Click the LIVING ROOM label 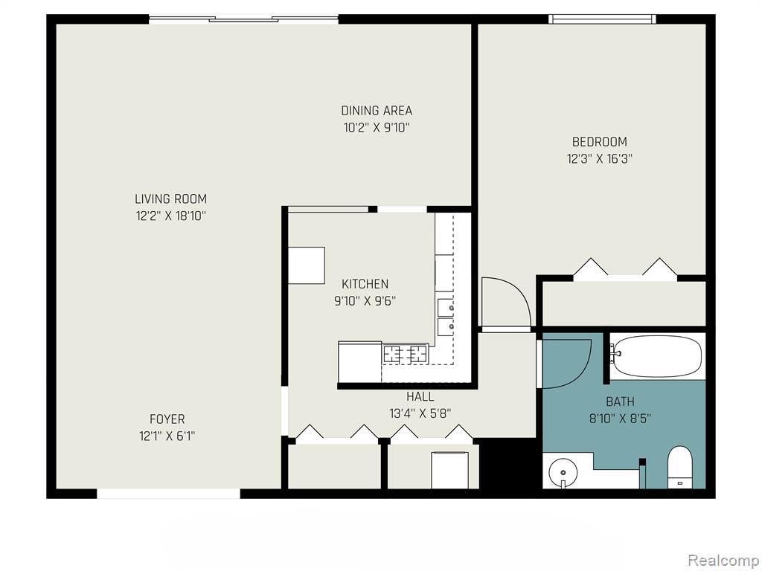[170, 199]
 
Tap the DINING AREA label [377, 111]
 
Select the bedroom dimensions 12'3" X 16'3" [599, 159]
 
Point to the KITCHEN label [365, 283]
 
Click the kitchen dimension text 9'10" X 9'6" [365, 301]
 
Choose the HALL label [420, 397]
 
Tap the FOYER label [167, 419]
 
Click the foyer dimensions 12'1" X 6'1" [167, 436]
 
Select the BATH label [620, 401]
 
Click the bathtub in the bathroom [656, 356]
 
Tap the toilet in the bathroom [680, 467]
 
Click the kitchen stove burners [406, 353]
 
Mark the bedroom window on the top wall [603, 19]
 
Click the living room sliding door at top [243, 19]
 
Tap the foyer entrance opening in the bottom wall [169, 494]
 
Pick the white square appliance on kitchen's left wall [307, 265]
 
